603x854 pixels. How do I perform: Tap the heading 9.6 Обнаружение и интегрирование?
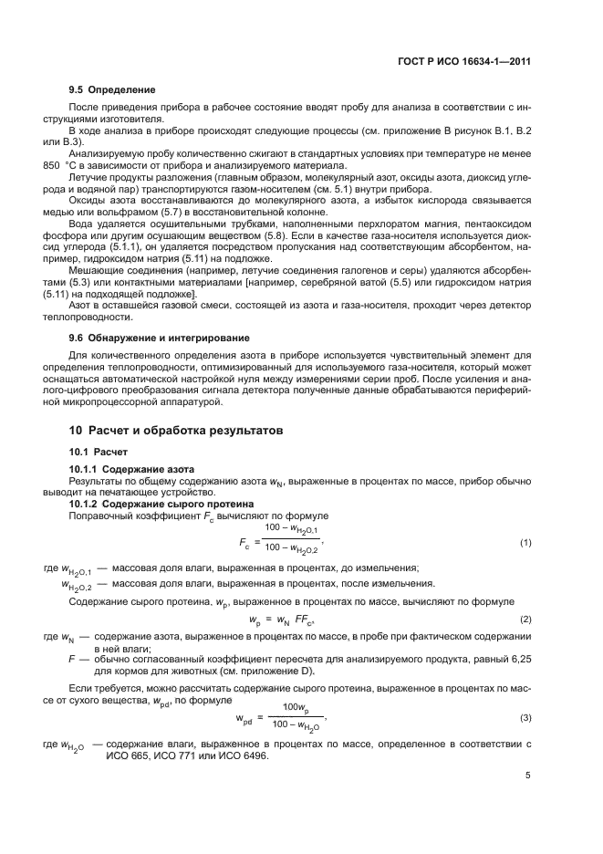(146, 338)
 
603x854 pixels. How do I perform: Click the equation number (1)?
(525, 543)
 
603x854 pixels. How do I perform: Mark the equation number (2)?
(525, 620)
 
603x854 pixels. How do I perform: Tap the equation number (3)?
(525, 718)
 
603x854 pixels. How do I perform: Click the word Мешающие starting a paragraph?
(95, 271)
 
